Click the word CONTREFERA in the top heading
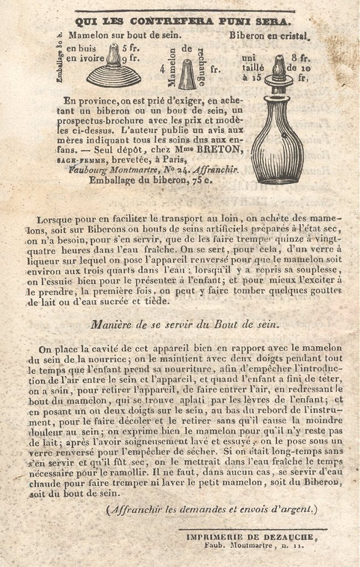point(166,22)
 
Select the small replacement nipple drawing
point(187,74)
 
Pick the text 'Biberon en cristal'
point(268,35)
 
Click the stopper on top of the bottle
point(279,69)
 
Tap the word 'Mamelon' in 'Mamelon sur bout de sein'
point(89,35)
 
